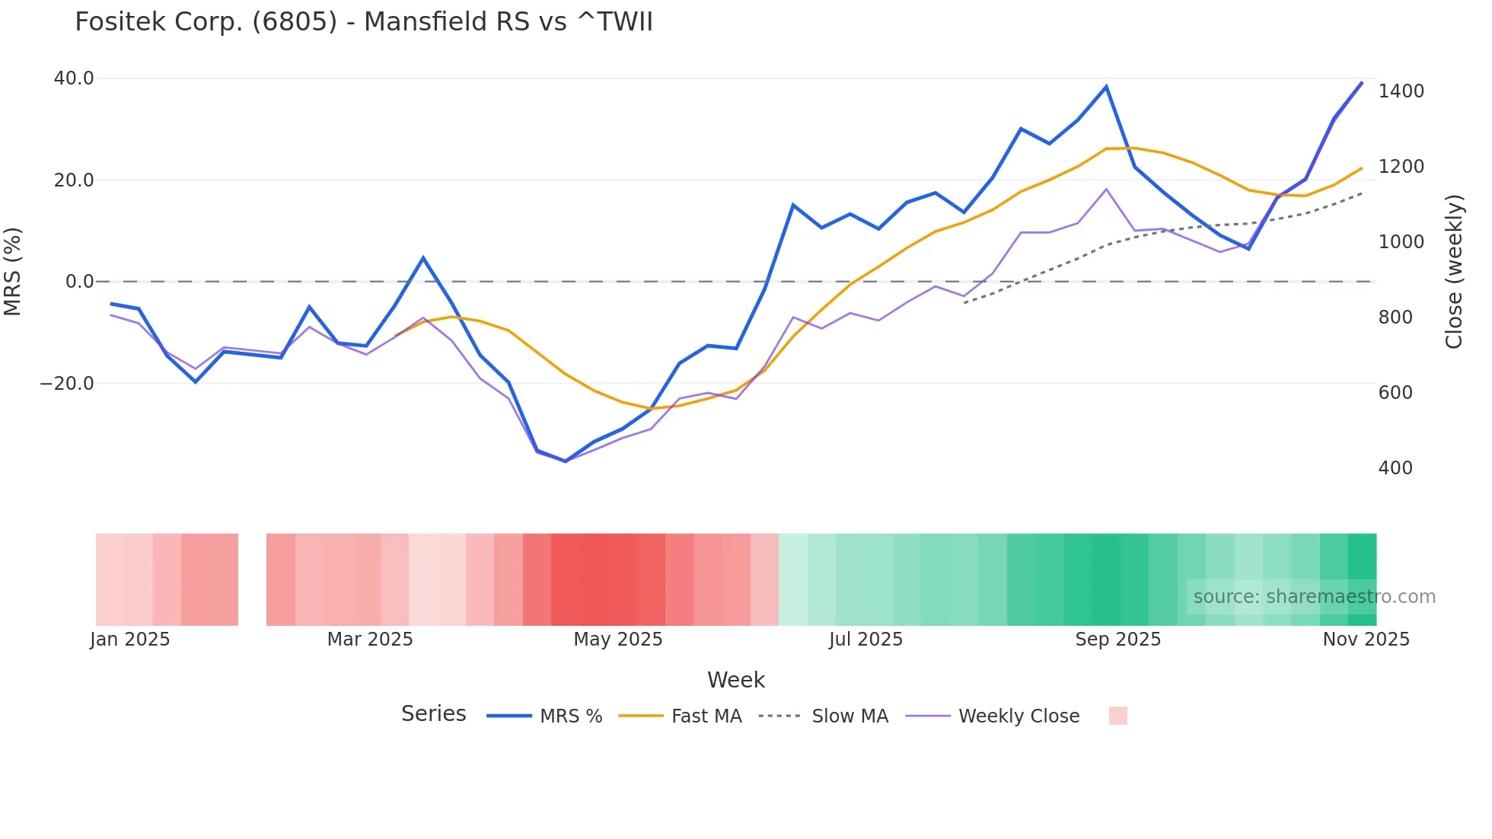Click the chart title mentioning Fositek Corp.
pos(364,22)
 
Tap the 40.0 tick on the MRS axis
pos(74,78)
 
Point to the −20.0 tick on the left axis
pos(67,384)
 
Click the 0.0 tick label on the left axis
pos(80,282)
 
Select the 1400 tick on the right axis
pos(1401,91)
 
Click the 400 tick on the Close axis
pos(1395,468)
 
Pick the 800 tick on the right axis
pos(1395,317)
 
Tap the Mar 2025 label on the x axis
pos(370,640)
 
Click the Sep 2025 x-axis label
pos(1117,640)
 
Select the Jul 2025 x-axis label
pos(866,640)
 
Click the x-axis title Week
pos(735,680)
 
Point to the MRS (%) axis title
pos(13,271)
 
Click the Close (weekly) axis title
pos(1454,272)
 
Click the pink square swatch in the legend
pos(1117,716)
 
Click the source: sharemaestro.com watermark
pos(1314,597)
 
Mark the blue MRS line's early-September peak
pos(1106,87)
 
